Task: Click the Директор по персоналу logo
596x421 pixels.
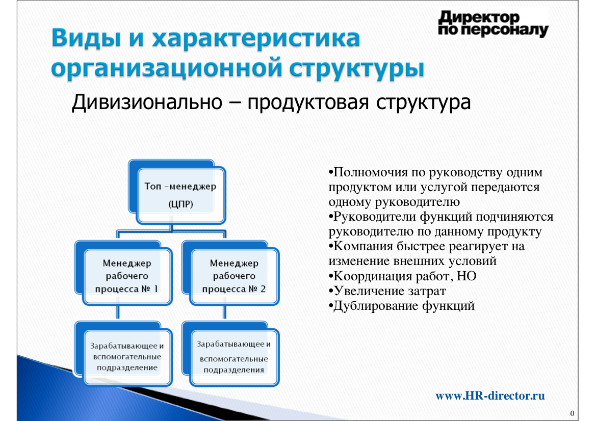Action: pyautogui.click(x=494, y=23)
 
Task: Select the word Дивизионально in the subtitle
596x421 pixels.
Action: pyautogui.click(x=147, y=102)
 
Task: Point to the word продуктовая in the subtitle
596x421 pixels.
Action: pyautogui.click(x=308, y=103)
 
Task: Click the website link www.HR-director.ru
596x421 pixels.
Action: pyautogui.click(x=490, y=396)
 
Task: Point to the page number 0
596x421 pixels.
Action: pyautogui.click(x=573, y=413)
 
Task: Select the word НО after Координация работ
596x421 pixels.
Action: pyautogui.click(x=467, y=276)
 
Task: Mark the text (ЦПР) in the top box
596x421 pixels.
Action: pyautogui.click(x=181, y=204)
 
